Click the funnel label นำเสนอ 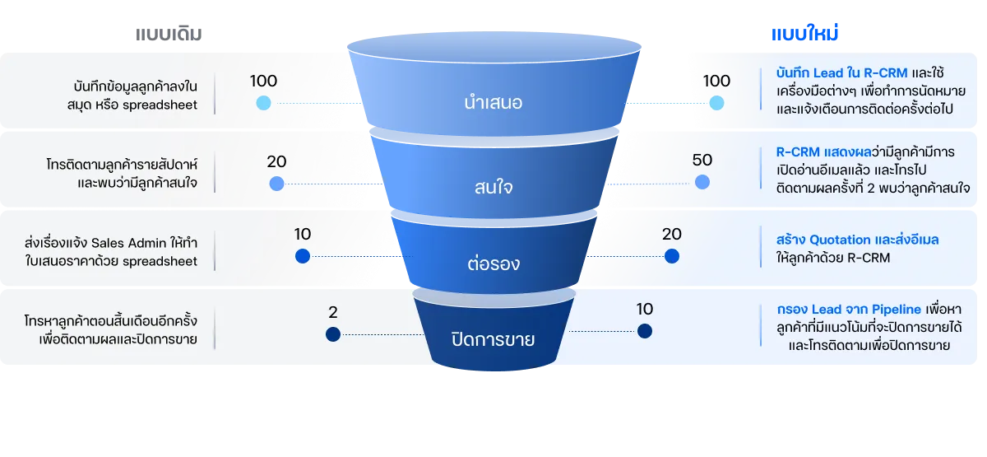pyautogui.click(x=493, y=104)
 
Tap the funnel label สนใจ pyautogui.click(x=493, y=187)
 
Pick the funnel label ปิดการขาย pyautogui.click(x=493, y=339)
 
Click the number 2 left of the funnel pyautogui.click(x=333, y=313)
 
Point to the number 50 pyautogui.click(x=702, y=161)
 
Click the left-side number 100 pyautogui.click(x=263, y=81)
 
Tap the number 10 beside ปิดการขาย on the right pyautogui.click(x=645, y=310)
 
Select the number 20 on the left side pyautogui.click(x=276, y=161)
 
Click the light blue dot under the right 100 pyautogui.click(x=716, y=103)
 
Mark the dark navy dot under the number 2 pyautogui.click(x=332, y=334)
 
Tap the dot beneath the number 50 pyautogui.click(x=702, y=183)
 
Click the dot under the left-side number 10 pyautogui.click(x=302, y=256)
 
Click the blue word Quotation pyautogui.click(x=840, y=240)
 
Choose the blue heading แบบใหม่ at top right pyautogui.click(x=805, y=35)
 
